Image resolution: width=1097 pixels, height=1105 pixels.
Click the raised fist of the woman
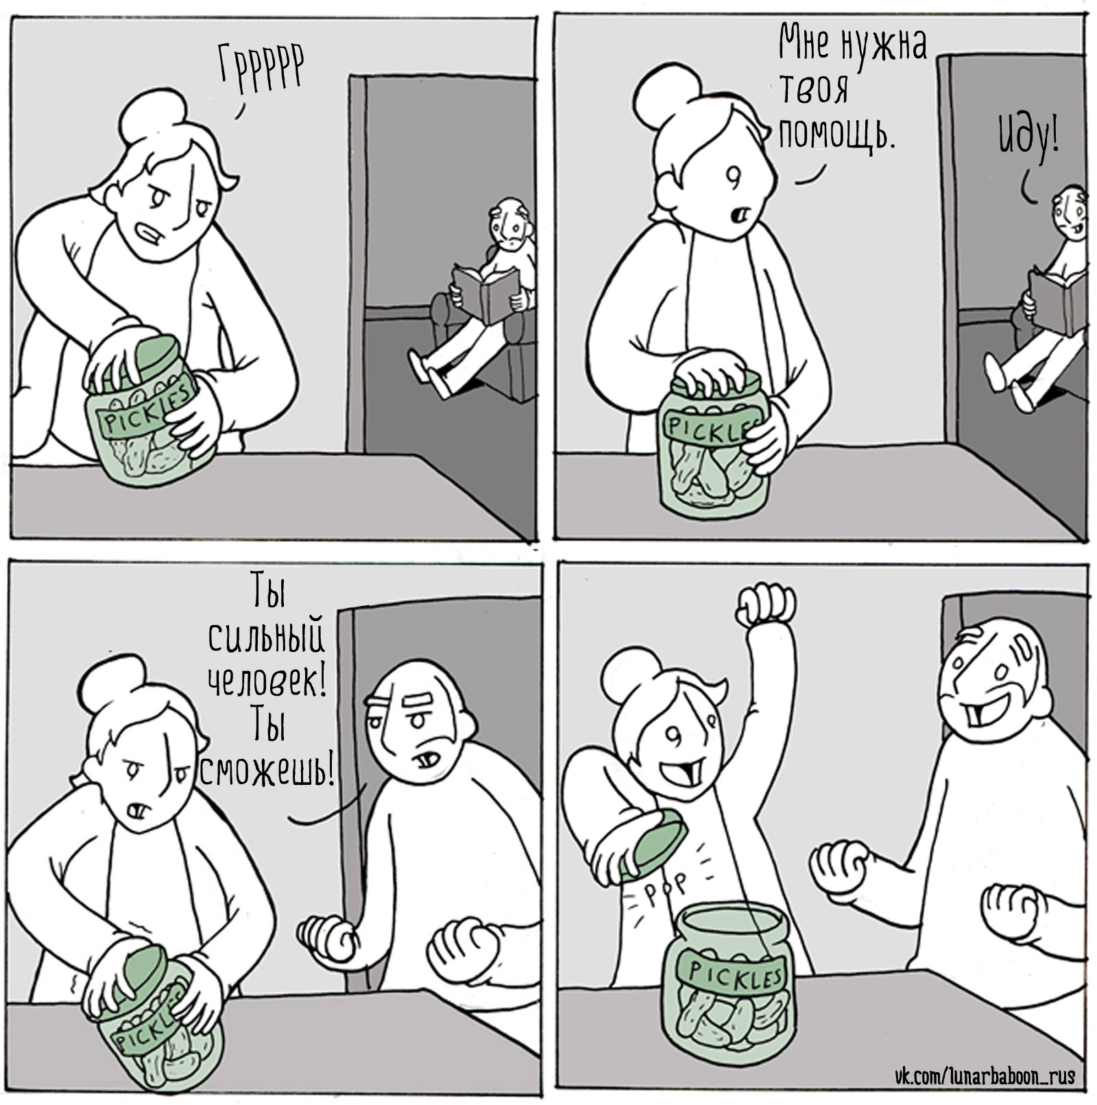(766, 605)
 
